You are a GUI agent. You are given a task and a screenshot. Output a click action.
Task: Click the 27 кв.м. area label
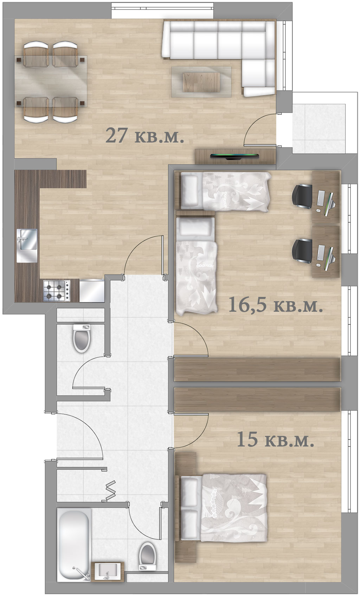coord(144,136)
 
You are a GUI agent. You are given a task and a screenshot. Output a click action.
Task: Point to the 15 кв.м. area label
coord(275,439)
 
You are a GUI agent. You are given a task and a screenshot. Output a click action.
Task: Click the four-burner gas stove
coord(57,291)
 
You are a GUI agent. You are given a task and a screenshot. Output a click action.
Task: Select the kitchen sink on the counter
coord(27,245)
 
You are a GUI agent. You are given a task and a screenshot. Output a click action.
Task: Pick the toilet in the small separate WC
coord(82,338)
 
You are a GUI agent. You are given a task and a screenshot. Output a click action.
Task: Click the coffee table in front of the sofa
coord(201,82)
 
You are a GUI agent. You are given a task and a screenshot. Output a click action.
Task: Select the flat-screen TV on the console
coord(235,157)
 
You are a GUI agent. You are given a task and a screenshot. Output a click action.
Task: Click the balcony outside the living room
coord(325,123)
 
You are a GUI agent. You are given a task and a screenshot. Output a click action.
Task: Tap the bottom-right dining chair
coord(65,109)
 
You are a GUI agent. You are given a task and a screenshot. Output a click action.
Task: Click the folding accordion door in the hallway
coord(110,490)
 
